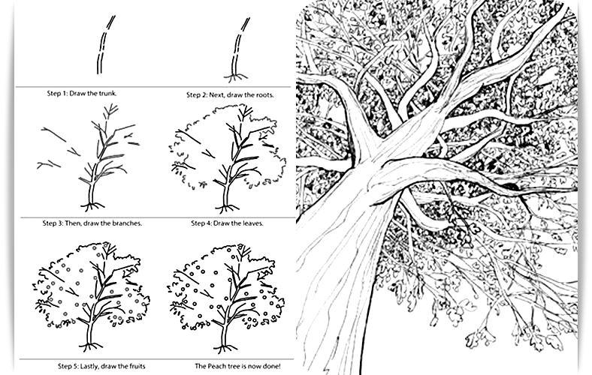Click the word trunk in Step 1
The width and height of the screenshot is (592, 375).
(x=107, y=93)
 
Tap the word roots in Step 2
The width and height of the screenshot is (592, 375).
(x=264, y=95)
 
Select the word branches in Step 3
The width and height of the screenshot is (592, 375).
(x=128, y=223)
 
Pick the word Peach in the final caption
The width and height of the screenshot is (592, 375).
(x=214, y=366)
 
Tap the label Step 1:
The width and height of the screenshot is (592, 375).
(x=57, y=94)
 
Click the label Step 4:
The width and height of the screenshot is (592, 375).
(x=201, y=223)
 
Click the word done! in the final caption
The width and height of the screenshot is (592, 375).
(x=272, y=366)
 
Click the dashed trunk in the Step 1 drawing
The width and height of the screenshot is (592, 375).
(x=104, y=44)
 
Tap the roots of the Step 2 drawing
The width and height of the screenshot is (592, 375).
(x=236, y=78)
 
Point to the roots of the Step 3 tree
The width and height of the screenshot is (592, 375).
(x=92, y=206)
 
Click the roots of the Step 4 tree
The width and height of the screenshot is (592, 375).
(x=227, y=208)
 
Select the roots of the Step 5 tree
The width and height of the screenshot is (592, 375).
(x=91, y=346)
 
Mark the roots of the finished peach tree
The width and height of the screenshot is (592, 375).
(x=225, y=347)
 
